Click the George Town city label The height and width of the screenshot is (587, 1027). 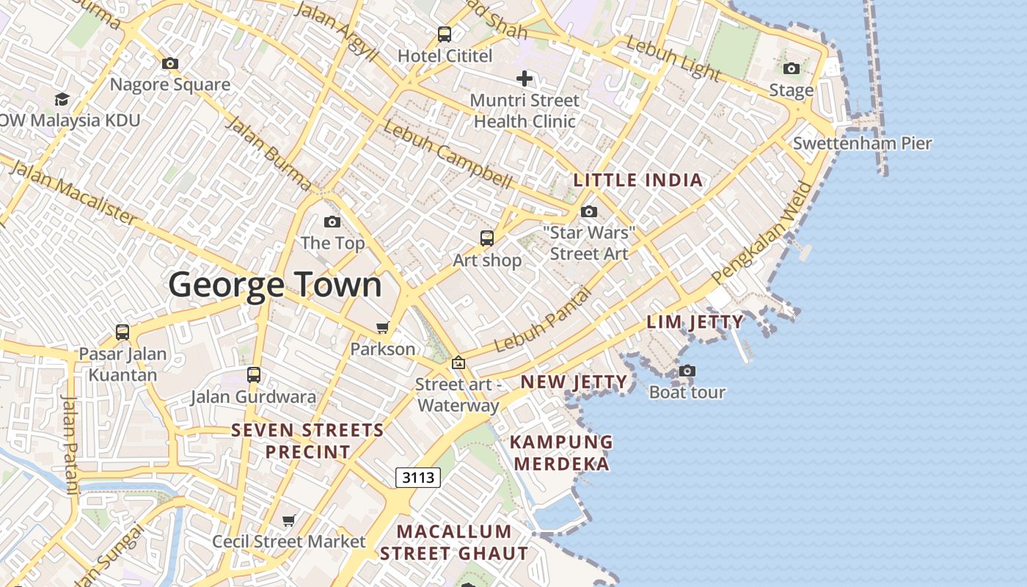275,285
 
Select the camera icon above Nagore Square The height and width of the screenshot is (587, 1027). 170,64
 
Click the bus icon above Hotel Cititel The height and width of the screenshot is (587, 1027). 445,34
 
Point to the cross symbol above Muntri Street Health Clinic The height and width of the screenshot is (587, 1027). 525,78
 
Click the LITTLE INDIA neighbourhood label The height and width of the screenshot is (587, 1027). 638,180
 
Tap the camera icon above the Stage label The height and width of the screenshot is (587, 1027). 792,69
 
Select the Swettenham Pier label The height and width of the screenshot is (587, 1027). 862,143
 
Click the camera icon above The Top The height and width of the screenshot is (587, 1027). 332,222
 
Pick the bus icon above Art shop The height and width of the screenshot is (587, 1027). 487,238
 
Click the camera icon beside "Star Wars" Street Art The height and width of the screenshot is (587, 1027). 589,212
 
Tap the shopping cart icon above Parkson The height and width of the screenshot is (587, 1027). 382,327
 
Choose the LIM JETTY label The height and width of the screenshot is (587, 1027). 695,321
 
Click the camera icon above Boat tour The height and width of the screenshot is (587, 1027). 687,371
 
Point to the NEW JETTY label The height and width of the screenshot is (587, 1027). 574,382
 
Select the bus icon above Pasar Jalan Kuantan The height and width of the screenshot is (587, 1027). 123,332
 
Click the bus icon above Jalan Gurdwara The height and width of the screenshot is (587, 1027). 254,375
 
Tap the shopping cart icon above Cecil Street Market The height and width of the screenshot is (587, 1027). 289,520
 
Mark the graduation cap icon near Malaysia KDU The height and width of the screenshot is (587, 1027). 62,99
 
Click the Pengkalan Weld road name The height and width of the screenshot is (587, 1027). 763,233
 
